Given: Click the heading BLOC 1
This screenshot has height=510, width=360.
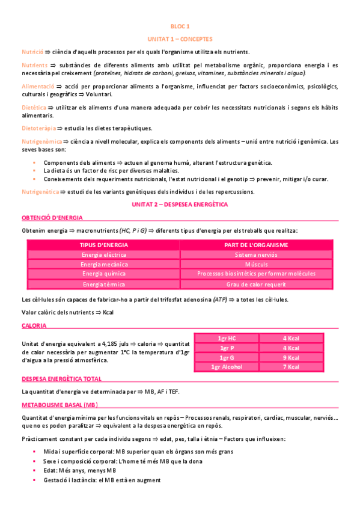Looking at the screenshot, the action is click(180, 26).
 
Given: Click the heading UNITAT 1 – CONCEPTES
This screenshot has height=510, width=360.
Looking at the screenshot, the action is click(180, 38).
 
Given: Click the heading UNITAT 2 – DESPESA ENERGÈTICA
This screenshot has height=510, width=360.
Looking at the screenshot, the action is click(180, 205).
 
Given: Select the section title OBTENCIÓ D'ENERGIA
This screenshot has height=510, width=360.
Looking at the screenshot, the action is click(52, 217).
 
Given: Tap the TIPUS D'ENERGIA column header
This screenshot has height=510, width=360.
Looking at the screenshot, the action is click(103, 245).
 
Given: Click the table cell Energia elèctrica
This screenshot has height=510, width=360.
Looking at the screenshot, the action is click(103, 254).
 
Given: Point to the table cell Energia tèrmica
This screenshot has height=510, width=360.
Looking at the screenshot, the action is click(103, 284).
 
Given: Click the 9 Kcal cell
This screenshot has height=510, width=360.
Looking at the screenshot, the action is click(291, 357).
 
